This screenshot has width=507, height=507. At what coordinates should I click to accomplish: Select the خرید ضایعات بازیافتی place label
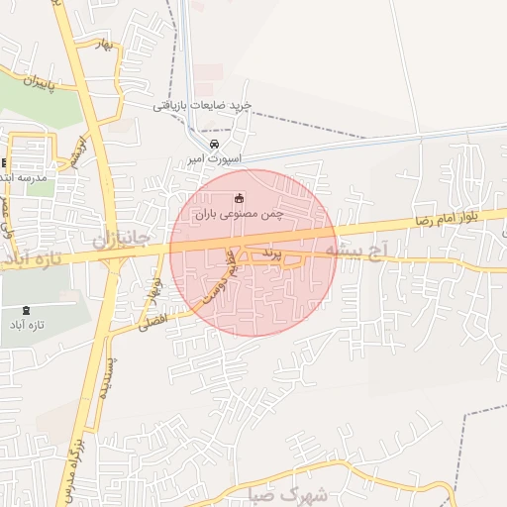(x=203, y=105)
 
